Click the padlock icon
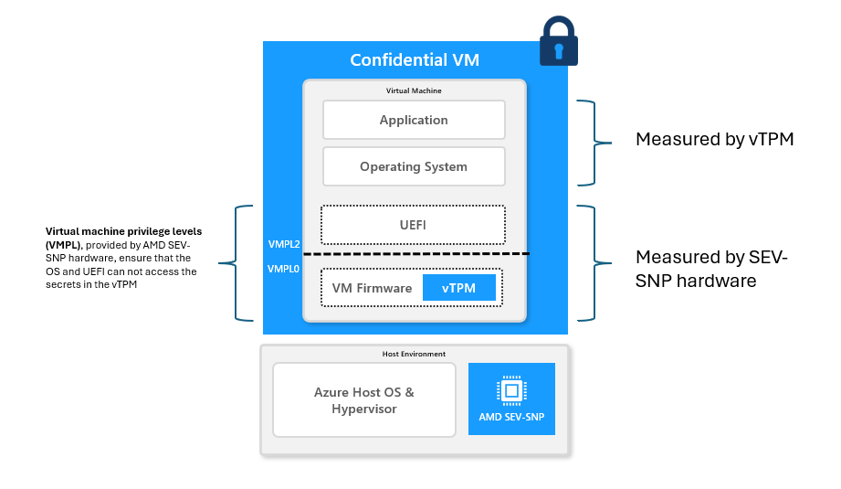pos(558,42)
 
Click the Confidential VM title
pos(415,60)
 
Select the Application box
pos(414,120)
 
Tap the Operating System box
pos(414,166)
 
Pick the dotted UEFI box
pos(413,224)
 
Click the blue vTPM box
pos(458,288)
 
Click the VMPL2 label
pos(283,245)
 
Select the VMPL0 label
pos(283,270)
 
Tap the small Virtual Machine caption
pos(414,90)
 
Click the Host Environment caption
pos(414,354)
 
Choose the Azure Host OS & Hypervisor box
pos(364,400)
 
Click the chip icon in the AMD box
pos(511,391)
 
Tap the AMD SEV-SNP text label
pos(511,418)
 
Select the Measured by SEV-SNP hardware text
pos(711,269)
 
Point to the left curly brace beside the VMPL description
pos(243,263)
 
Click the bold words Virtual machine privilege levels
pos(123,231)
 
